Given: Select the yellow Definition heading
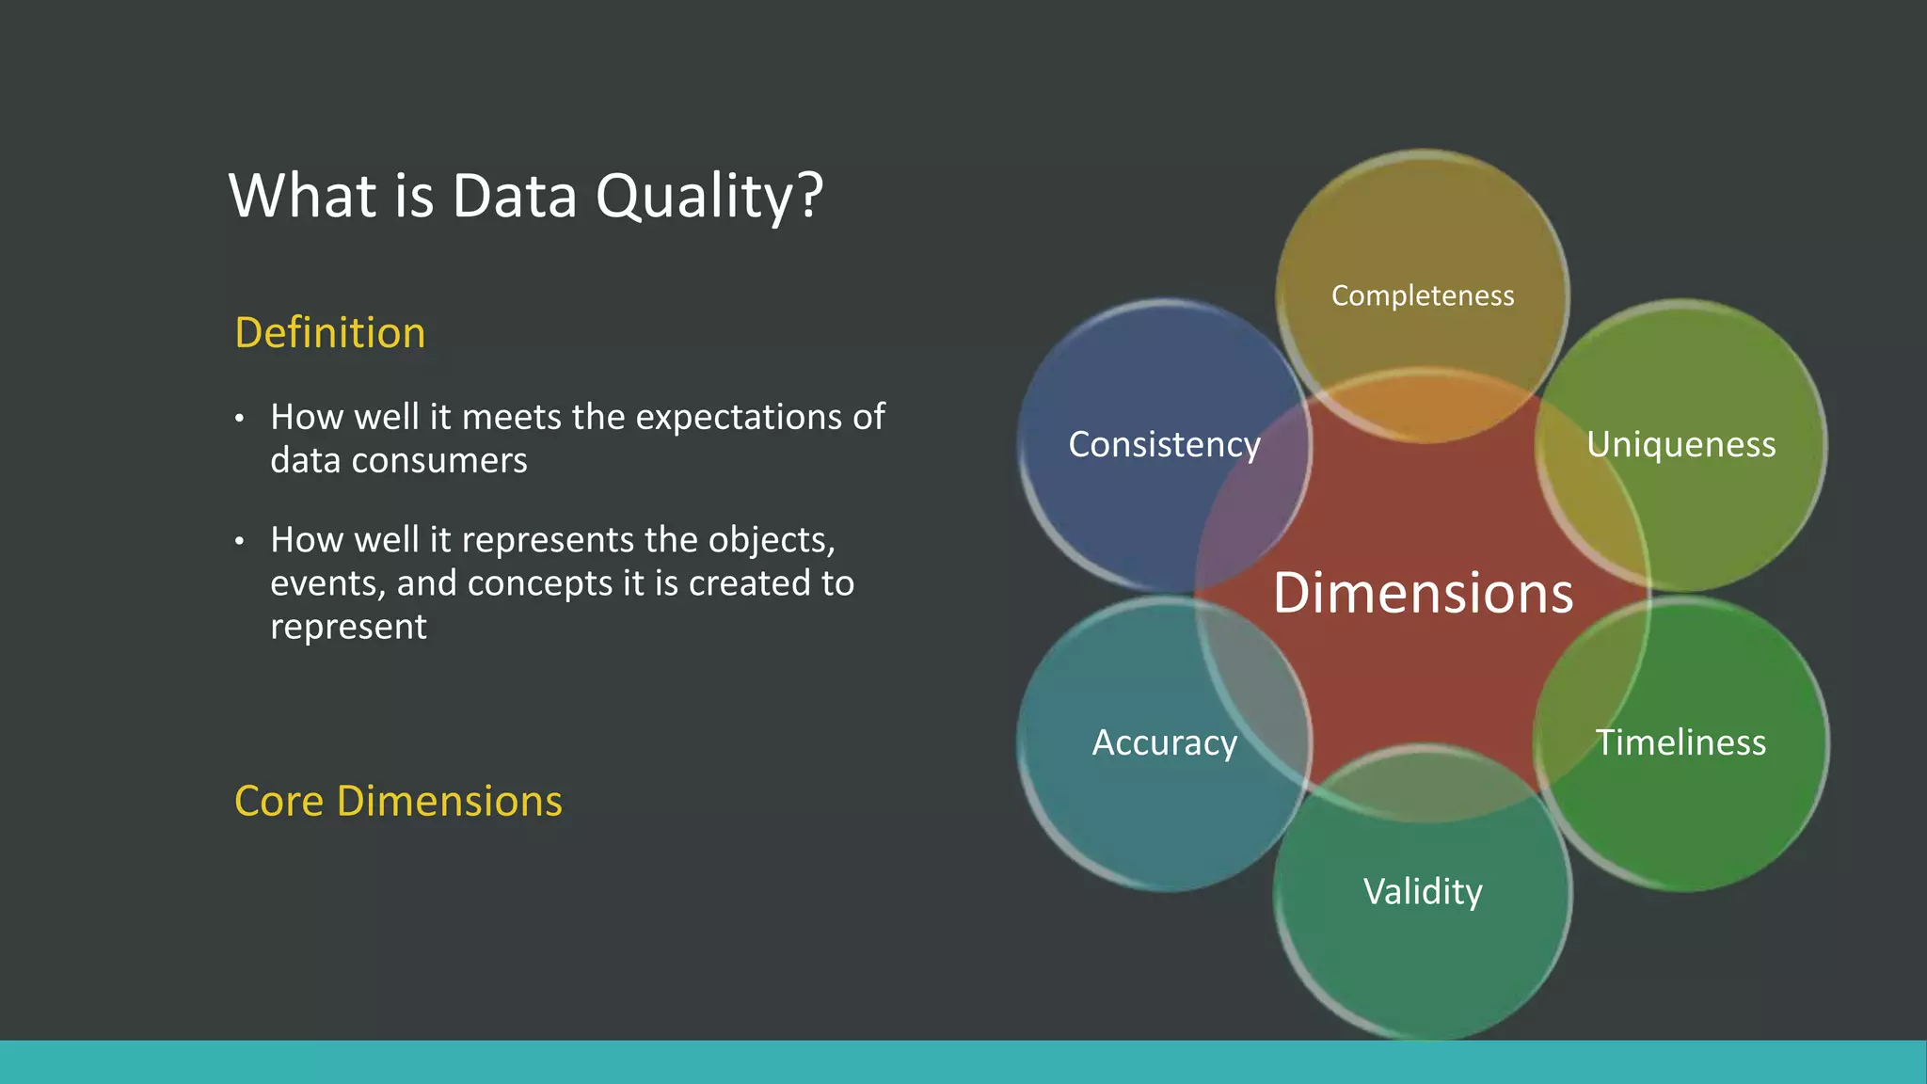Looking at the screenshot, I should (x=329, y=333).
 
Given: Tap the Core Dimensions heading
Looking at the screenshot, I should (x=398, y=802).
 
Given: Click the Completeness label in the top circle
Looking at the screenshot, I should (x=1422, y=295).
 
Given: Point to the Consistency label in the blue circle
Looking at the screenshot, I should (x=1164, y=444).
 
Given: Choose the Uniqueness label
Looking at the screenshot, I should (x=1680, y=444).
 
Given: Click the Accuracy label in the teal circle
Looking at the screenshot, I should (x=1164, y=742).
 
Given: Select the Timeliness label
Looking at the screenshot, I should (x=1680, y=742).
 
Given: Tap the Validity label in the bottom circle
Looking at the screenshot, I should (x=1422, y=891).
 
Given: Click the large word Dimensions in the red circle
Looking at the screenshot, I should (x=1422, y=593).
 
